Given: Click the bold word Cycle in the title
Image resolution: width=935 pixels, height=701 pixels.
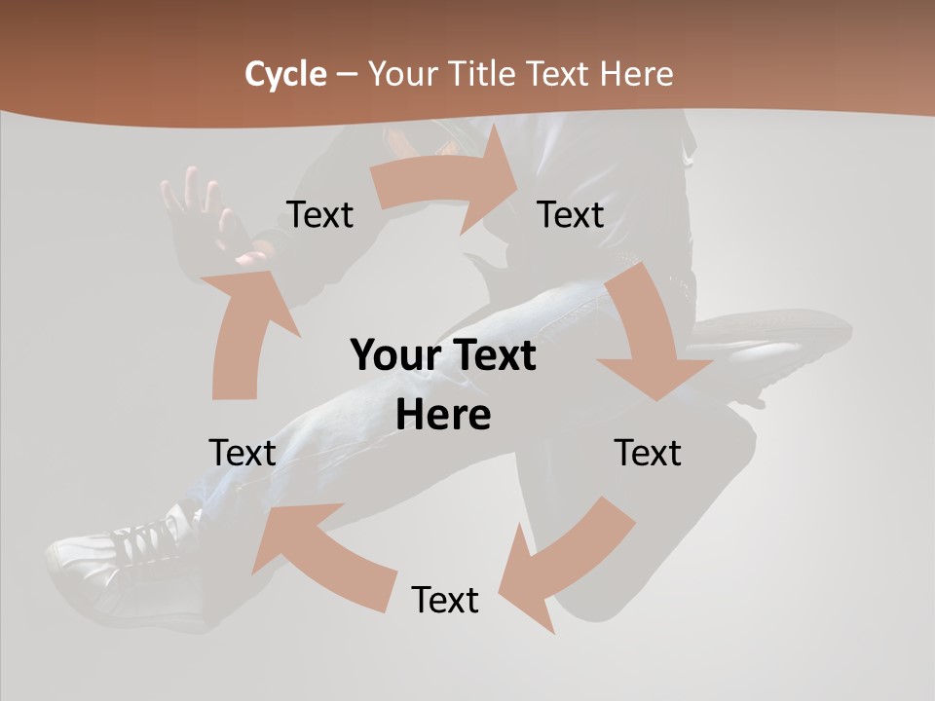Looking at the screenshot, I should [285, 74].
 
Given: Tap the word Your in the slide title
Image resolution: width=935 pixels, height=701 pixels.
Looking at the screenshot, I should [400, 74].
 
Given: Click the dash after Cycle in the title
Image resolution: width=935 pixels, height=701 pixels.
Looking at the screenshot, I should [347, 74].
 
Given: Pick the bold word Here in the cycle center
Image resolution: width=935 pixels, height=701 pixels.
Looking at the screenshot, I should [443, 416].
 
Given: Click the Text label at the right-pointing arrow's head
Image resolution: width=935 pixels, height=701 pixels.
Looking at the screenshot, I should [571, 214].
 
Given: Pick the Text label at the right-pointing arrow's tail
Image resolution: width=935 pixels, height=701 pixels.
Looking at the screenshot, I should [319, 214].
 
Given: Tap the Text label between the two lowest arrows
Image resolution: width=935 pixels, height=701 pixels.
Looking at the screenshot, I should [445, 600].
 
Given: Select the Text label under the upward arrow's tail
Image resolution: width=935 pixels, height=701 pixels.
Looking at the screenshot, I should [243, 453].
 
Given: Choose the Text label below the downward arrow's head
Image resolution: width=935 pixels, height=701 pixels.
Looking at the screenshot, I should [648, 453].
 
